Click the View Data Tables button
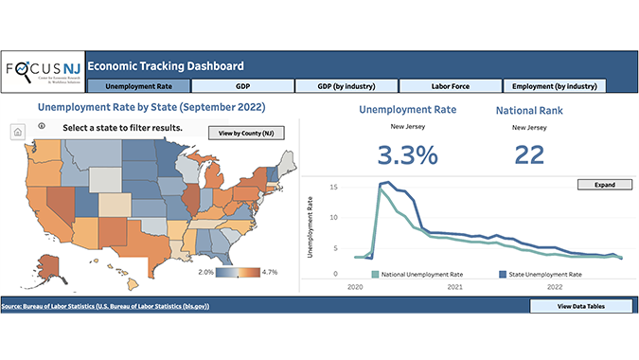(x=579, y=306)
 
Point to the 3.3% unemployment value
(x=407, y=153)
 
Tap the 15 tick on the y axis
(x=334, y=187)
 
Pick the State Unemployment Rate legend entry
(x=541, y=273)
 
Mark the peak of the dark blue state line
(x=387, y=183)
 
